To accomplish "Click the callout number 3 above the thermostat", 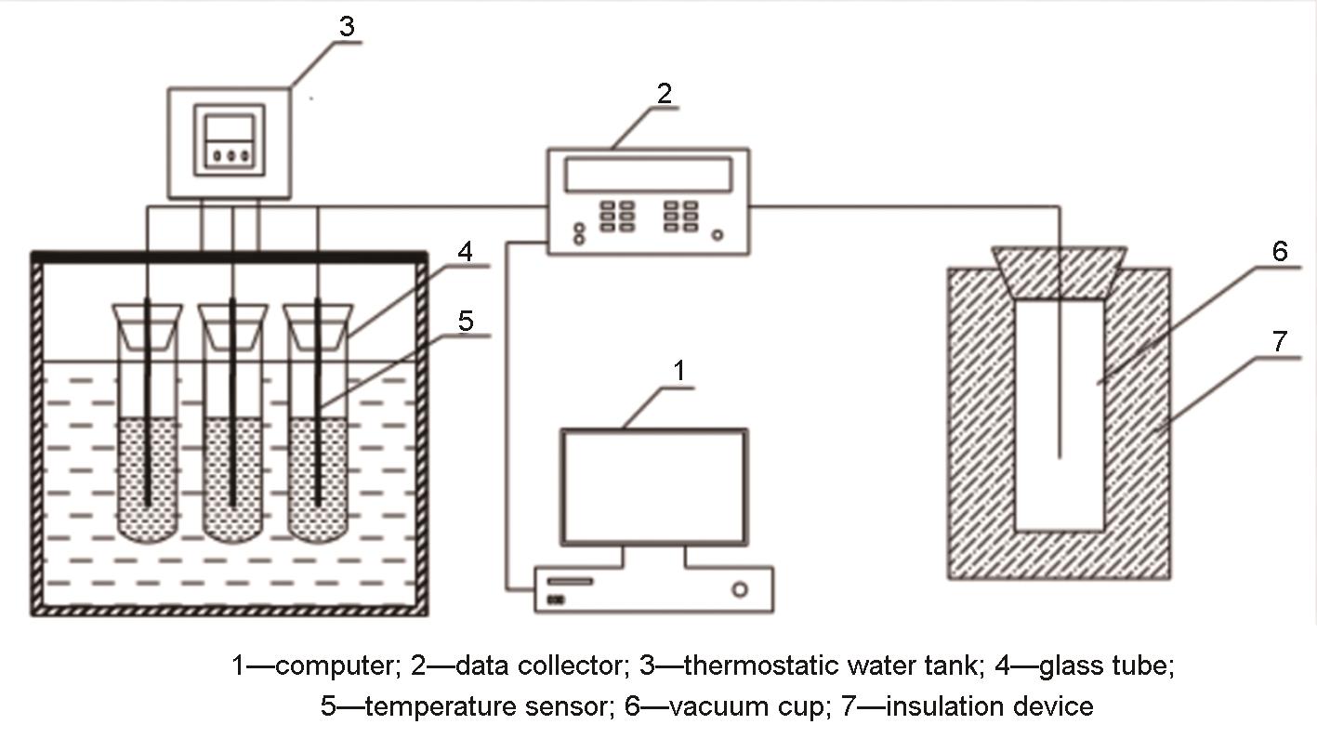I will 346,26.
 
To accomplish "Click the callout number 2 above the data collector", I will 664,93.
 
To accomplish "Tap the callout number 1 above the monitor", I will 678,371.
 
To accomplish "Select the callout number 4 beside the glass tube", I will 465,251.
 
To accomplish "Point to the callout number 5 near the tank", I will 466,321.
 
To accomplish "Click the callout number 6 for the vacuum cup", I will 1280,251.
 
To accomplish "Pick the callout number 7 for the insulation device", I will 1280,341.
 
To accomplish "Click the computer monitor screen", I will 654,486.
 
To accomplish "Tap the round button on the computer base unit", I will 740,589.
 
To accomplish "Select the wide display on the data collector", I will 648,173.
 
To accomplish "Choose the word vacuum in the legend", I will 716,706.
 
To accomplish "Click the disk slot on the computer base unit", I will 573,581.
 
